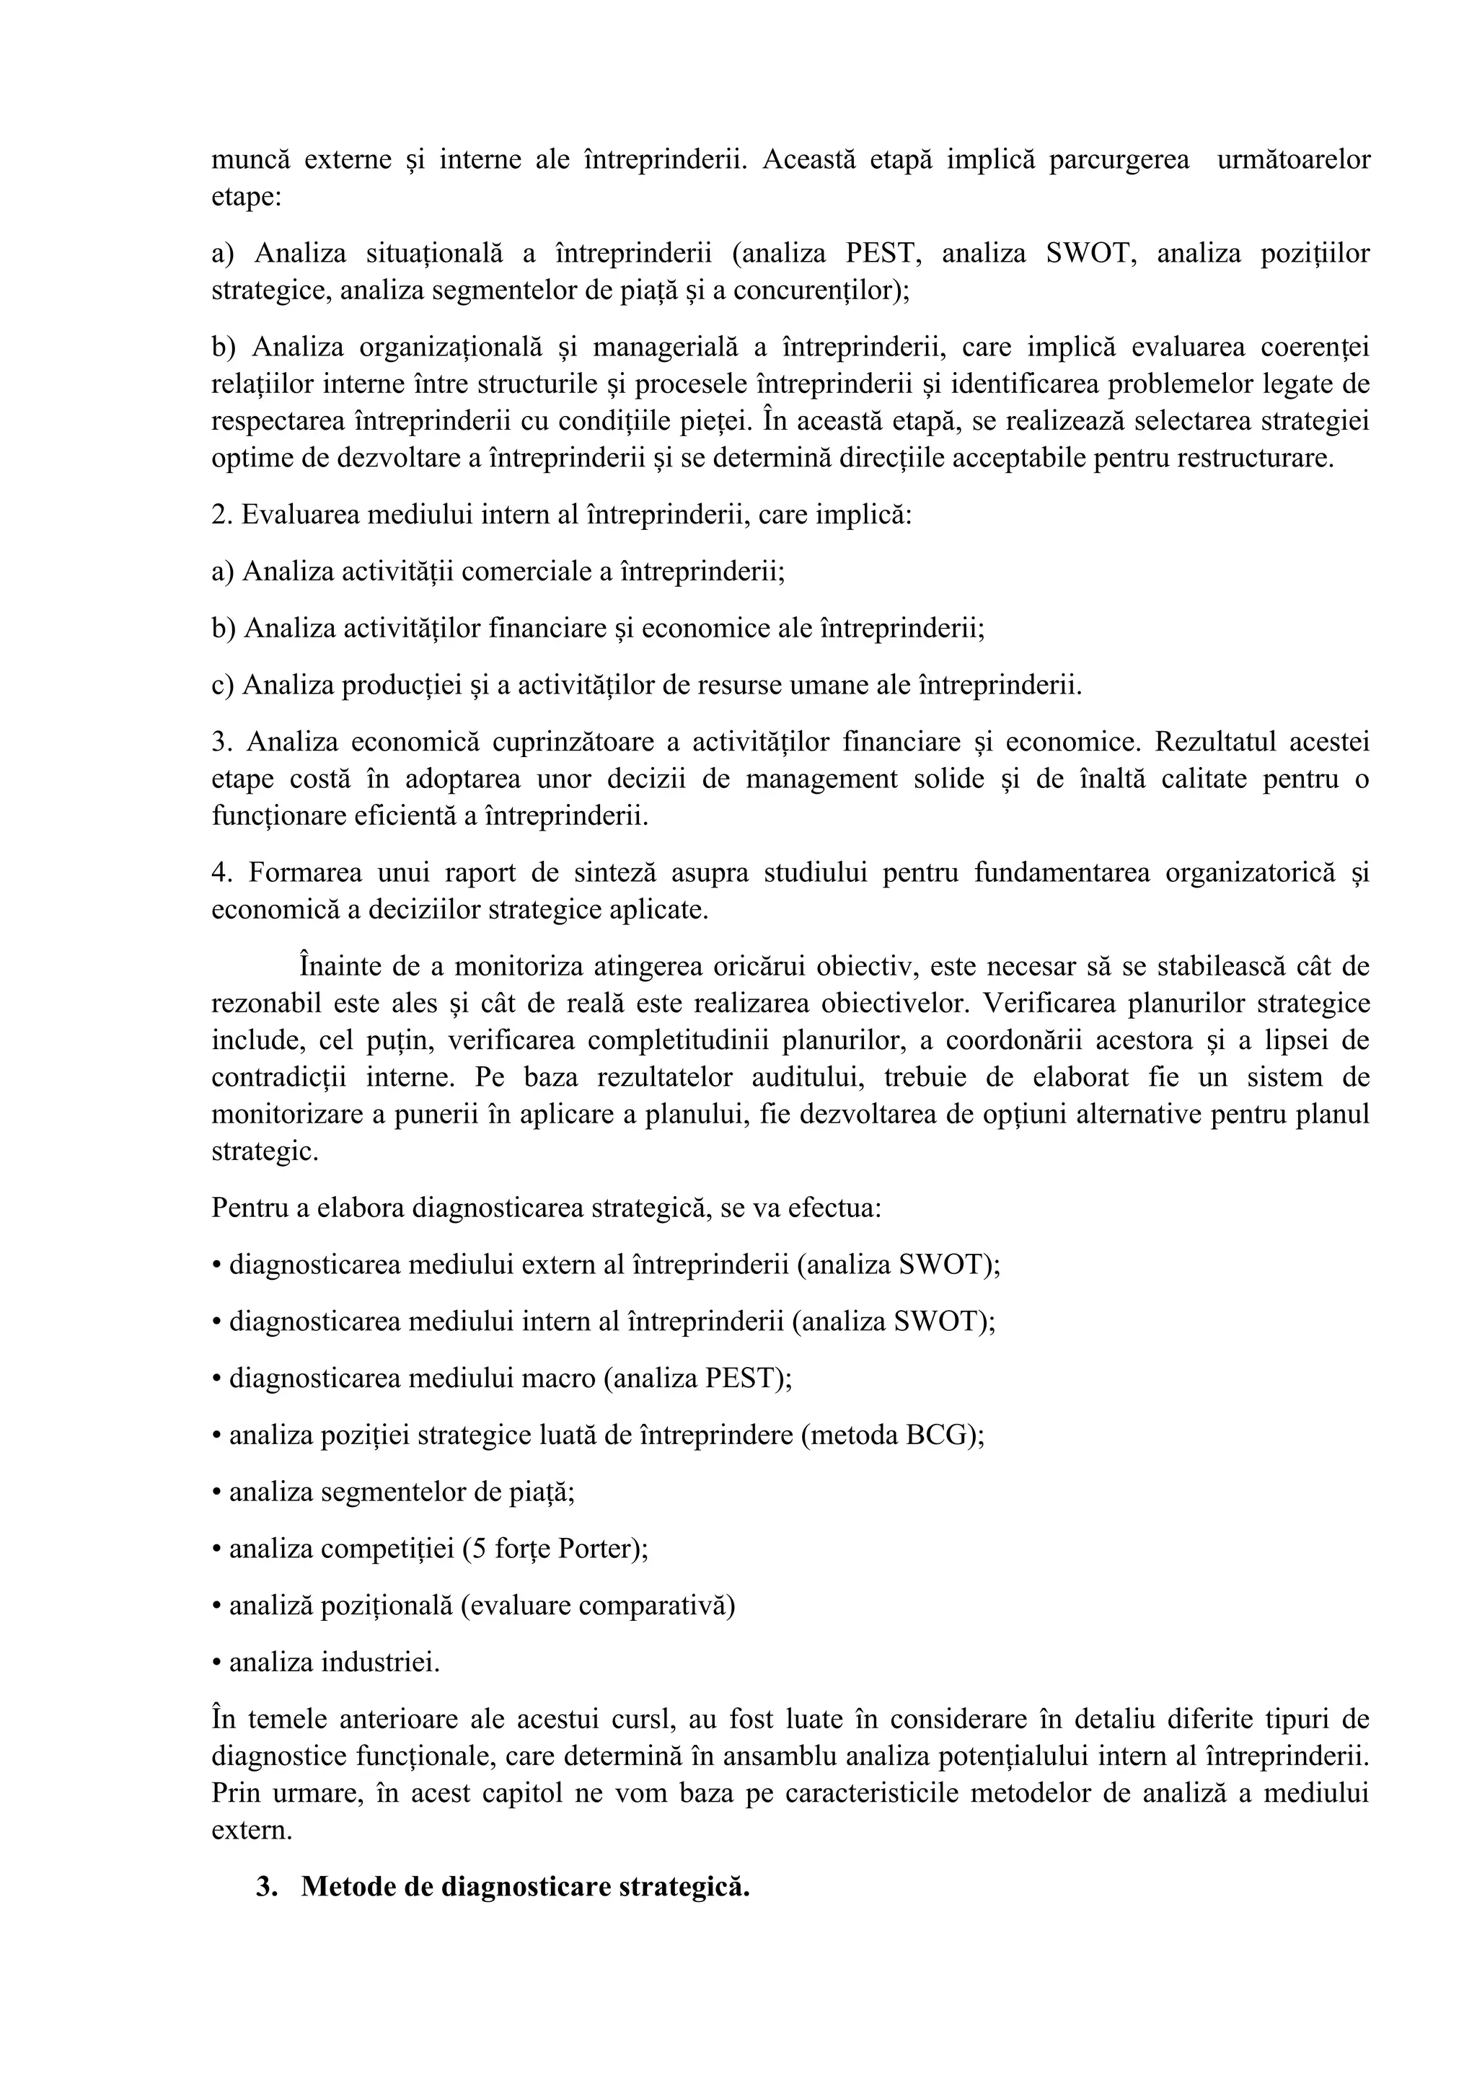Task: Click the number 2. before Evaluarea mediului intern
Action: point(223,515)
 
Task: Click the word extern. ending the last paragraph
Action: point(252,1830)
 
